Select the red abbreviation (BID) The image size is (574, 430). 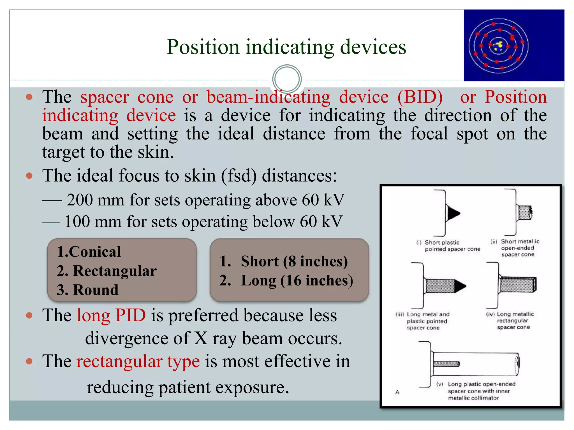click(420, 97)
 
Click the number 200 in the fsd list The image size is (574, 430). click(80, 200)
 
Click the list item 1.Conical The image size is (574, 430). click(89, 251)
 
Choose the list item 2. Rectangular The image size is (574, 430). click(107, 271)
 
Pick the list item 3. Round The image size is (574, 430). click(87, 290)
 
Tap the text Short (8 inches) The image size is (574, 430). click(294, 261)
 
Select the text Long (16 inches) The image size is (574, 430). click(297, 281)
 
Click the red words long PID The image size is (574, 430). click(111, 315)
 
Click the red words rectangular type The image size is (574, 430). click(138, 361)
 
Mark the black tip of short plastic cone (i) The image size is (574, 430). click(453, 213)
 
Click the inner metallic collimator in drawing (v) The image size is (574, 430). click(446, 364)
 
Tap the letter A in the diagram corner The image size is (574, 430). click(397, 392)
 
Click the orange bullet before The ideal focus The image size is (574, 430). click(29, 176)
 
